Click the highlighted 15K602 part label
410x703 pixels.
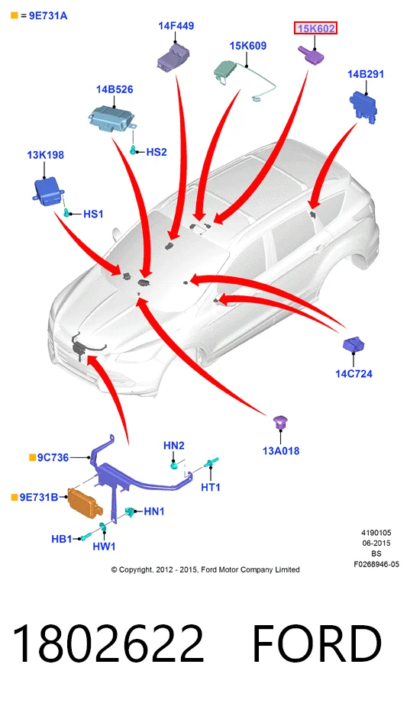(315, 28)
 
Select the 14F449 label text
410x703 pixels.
(176, 25)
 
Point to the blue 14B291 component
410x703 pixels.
(363, 106)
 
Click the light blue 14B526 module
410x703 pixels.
(111, 119)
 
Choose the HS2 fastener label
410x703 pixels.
(157, 152)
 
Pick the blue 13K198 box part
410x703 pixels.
(48, 191)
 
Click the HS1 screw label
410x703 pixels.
(93, 214)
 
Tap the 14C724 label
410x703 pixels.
(354, 373)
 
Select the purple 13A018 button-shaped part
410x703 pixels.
(281, 421)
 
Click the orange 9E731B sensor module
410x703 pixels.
(85, 502)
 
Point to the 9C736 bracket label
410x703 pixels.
(53, 457)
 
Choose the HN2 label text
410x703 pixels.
(173, 446)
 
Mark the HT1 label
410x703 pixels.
(211, 487)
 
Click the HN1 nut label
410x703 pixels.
(154, 511)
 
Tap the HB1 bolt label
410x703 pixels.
(61, 538)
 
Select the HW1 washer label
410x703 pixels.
(104, 546)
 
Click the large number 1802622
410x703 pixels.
(108, 644)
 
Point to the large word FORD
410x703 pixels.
(317, 644)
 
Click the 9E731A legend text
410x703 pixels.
(48, 16)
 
